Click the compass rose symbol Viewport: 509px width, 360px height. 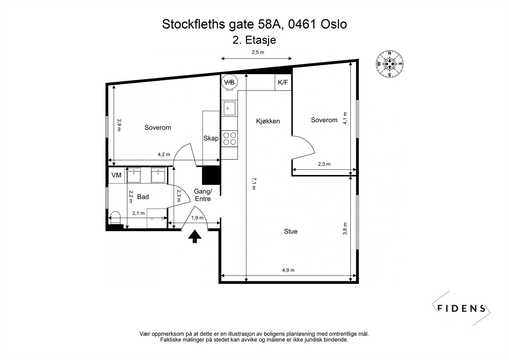(389, 64)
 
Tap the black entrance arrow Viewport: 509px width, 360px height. (195, 237)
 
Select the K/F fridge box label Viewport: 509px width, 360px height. (283, 83)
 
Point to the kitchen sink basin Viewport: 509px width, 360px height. (229, 108)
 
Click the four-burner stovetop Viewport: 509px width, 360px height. (229, 138)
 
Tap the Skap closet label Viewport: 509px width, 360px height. (211, 138)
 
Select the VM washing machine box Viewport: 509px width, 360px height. (116, 175)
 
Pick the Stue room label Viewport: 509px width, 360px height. (290, 231)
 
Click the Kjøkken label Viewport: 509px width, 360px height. (268, 121)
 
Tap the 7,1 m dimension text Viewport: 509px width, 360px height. (254, 184)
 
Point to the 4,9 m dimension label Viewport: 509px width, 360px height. (288, 270)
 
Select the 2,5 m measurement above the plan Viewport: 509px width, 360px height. (258, 52)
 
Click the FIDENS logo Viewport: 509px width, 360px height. (461, 308)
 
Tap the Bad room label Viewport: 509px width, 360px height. (143, 197)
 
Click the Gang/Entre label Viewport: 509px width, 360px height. (203, 195)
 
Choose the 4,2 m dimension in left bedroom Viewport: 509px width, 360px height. (164, 155)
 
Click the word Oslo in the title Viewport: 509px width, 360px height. (334, 24)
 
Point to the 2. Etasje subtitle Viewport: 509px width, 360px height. (254, 40)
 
